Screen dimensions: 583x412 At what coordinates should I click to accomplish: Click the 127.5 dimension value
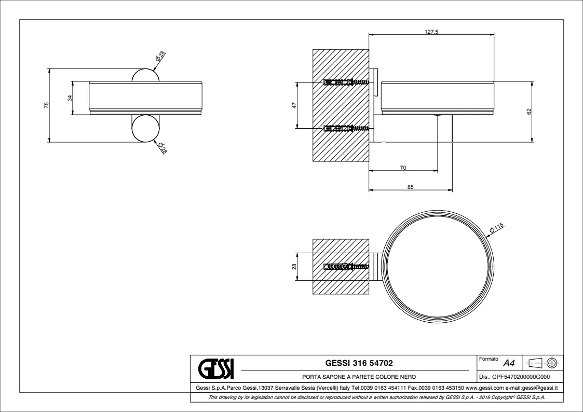[x=431, y=32]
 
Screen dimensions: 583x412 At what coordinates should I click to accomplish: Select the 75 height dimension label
[x=47, y=105]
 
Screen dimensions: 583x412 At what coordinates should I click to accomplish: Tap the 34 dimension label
[x=70, y=98]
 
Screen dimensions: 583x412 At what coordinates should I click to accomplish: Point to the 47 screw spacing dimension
[x=294, y=105]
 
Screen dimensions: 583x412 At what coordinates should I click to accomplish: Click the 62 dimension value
[x=528, y=111]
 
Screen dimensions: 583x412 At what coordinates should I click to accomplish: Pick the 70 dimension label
[x=403, y=168]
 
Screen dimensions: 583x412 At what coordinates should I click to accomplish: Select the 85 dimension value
[x=410, y=187]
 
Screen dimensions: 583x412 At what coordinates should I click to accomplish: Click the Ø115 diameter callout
[x=496, y=228]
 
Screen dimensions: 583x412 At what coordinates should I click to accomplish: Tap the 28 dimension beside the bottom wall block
[x=294, y=267]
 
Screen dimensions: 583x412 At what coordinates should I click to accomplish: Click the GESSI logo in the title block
[x=215, y=368]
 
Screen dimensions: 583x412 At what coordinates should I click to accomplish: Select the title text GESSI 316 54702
[x=359, y=363]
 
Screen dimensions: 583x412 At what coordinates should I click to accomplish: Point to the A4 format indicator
[x=509, y=363]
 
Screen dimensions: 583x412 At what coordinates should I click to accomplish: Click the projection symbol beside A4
[x=543, y=362]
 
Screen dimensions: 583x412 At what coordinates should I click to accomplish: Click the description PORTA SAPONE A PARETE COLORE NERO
[x=359, y=377]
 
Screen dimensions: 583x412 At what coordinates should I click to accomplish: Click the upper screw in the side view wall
[x=346, y=82]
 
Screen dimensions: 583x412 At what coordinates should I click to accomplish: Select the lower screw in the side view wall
[x=346, y=129]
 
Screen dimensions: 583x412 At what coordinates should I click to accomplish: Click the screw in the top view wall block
[x=346, y=266]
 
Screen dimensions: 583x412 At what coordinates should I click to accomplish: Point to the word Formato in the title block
[x=489, y=359]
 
